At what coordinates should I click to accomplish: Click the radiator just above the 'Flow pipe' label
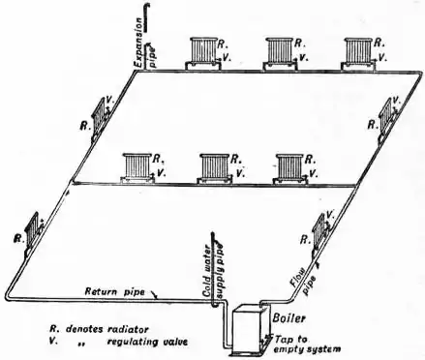(x=320, y=231)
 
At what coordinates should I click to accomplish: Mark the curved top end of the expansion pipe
(x=145, y=9)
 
